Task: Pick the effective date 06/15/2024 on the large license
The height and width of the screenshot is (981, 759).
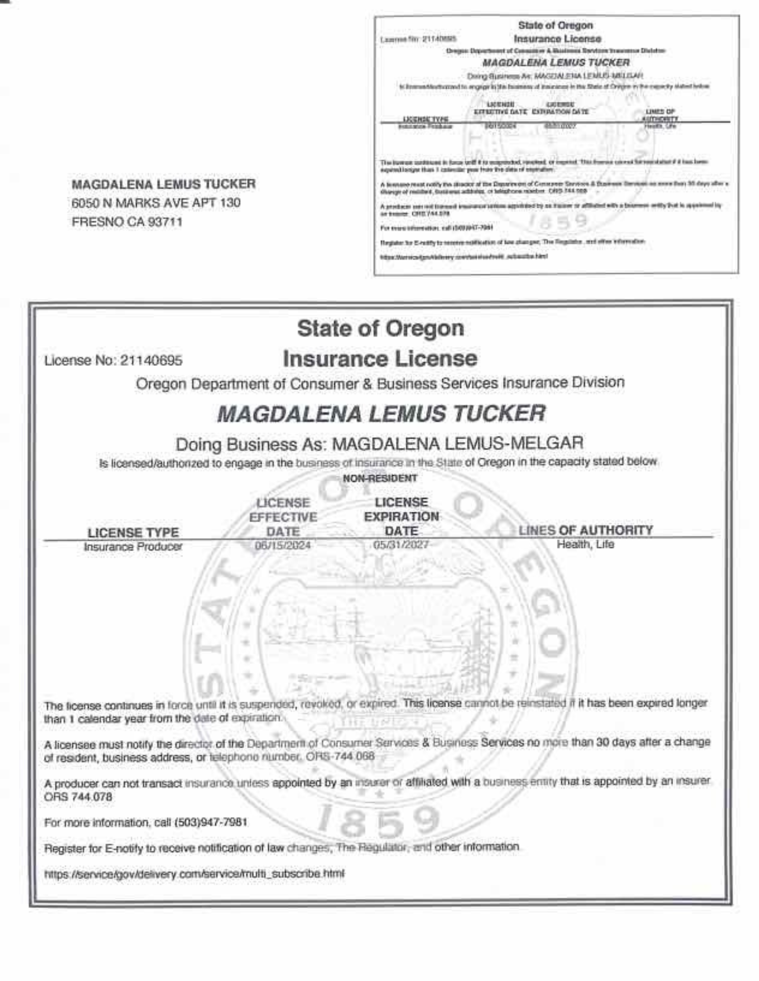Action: tap(283, 546)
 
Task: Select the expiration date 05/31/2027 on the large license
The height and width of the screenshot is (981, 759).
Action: tap(401, 545)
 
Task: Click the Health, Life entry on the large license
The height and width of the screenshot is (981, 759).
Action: tap(585, 544)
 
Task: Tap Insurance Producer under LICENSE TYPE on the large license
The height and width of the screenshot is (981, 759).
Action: tap(133, 547)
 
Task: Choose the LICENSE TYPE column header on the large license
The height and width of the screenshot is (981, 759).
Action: tap(133, 533)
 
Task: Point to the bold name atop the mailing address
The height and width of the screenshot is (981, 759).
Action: tap(163, 184)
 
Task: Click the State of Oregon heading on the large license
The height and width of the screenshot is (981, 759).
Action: tap(380, 328)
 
